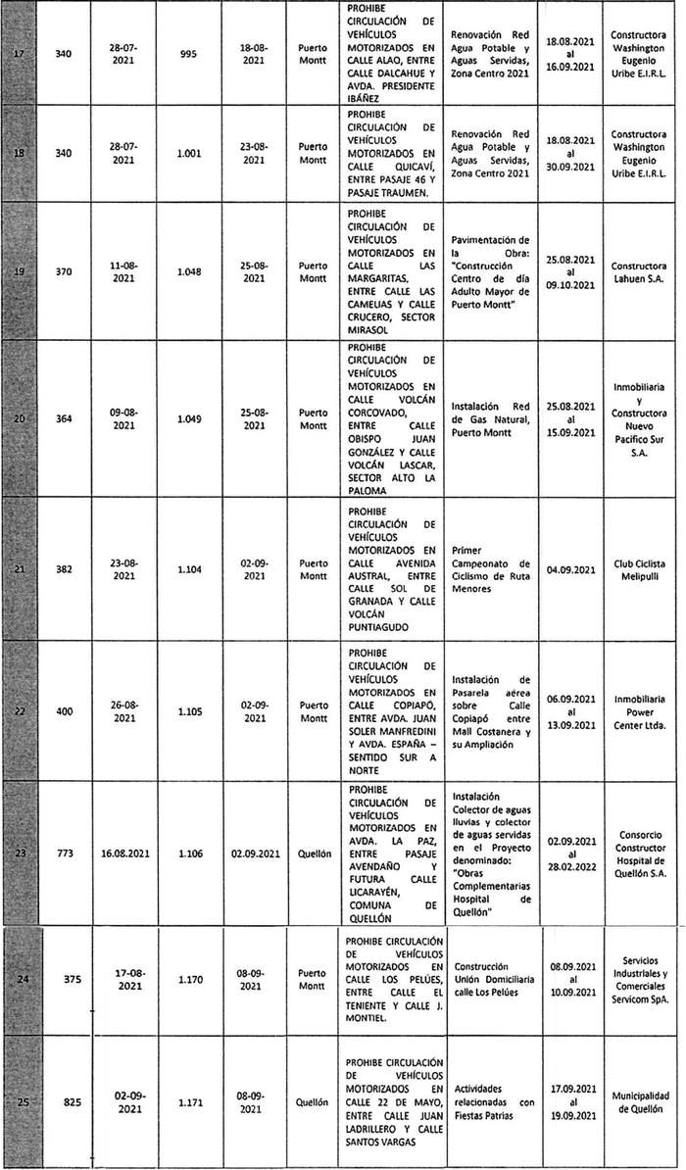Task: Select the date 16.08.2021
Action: click(129, 853)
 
